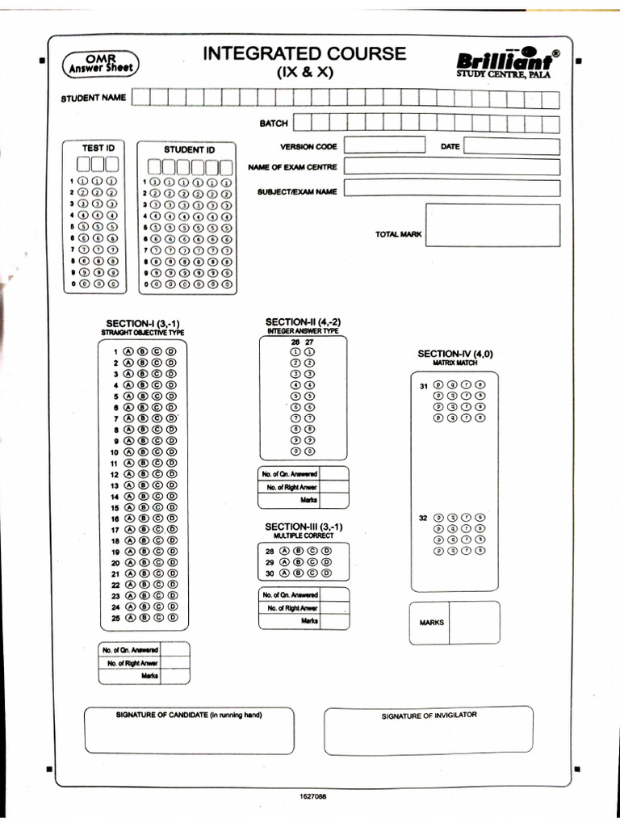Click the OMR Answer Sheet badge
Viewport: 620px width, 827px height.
pyautogui.click(x=99, y=64)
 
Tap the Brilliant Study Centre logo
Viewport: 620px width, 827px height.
pyautogui.click(x=505, y=63)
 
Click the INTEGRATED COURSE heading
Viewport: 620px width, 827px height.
pyautogui.click(x=304, y=54)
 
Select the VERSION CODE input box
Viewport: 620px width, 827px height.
pyautogui.click(x=384, y=146)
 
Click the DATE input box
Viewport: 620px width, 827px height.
pyautogui.click(x=511, y=146)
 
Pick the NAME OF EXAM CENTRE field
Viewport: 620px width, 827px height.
pyautogui.click(x=451, y=167)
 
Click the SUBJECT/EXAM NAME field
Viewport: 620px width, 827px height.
pyautogui.click(x=451, y=189)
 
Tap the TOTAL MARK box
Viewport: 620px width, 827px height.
pyautogui.click(x=492, y=225)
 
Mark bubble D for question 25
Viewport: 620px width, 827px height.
pyautogui.click(x=170, y=617)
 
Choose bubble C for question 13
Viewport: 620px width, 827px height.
pyautogui.click(x=157, y=485)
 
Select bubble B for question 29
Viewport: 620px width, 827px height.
pyautogui.click(x=297, y=561)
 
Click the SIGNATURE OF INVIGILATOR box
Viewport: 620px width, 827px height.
pyautogui.click(x=429, y=729)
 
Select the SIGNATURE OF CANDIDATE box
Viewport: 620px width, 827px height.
pyautogui.click(x=189, y=729)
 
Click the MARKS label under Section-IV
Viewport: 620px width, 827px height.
pyautogui.click(x=432, y=623)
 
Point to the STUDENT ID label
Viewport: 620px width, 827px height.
pyautogui.click(x=190, y=149)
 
